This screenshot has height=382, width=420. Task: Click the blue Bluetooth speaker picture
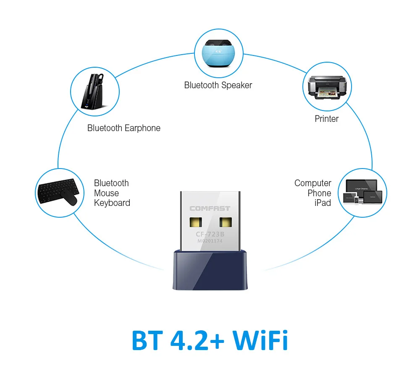[x=218, y=53]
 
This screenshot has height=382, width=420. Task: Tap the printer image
[x=326, y=87]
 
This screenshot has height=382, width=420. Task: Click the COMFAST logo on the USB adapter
[x=210, y=208]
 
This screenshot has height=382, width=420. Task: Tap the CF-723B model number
[x=210, y=234]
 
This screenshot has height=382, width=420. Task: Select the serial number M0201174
[x=210, y=241]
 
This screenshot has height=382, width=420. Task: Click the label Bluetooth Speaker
[x=218, y=85]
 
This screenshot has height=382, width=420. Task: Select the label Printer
[x=326, y=119]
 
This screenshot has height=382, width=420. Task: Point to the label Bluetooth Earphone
[x=123, y=128]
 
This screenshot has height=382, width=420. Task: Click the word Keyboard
[x=112, y=203]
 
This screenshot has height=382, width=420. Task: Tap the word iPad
[x=323, y=203]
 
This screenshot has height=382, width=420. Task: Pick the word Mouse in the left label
[x=106, y=193]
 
